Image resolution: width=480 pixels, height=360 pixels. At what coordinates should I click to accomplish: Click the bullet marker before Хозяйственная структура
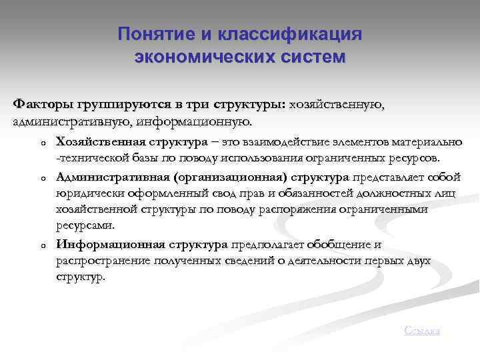tap(41, 143)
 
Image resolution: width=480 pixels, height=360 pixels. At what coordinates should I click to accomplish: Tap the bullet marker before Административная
tap(41, 179)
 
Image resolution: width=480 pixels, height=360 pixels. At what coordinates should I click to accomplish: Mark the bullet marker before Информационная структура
tap(41, 246)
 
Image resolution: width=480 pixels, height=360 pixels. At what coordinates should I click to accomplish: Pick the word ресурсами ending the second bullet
tap(81, 226)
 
